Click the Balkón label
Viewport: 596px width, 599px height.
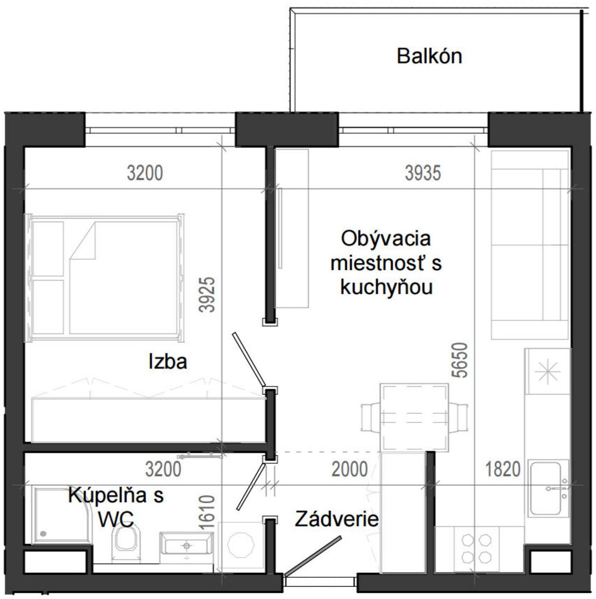coord(429,56)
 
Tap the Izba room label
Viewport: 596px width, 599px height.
coord(168,362)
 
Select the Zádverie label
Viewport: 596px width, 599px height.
coord(336,519)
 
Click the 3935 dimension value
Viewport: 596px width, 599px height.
coord(423,173)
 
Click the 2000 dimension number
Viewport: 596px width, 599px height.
coord(349,469)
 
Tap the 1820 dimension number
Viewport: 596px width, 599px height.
coord(503,469)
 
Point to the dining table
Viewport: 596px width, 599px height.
coord(414,417)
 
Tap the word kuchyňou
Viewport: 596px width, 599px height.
coord(386,288)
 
